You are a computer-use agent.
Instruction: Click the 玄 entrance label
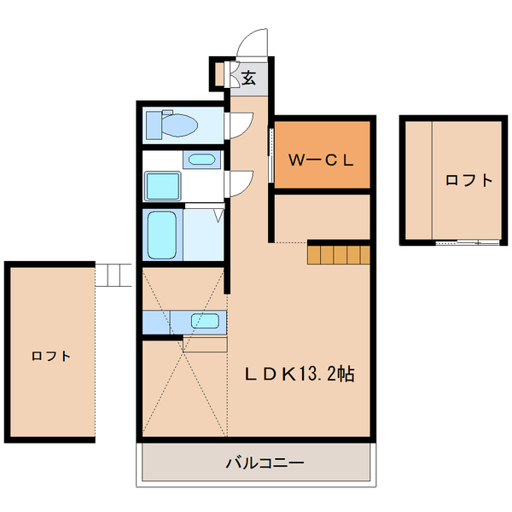pos(249,78)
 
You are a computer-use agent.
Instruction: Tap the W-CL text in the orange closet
pos(320,159)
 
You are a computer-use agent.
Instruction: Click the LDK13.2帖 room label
pos(300,373)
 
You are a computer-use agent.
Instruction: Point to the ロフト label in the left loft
pos(50,356)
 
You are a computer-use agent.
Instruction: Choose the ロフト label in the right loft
pos(468,180)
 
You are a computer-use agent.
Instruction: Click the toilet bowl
pos(181,126)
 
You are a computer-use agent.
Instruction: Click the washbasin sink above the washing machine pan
pos(202,160)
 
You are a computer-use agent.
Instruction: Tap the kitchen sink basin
pos(206,321)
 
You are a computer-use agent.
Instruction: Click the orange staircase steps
pos(340,255)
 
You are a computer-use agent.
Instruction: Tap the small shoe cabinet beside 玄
pos(220,75)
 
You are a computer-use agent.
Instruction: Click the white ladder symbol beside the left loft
pos(113,275)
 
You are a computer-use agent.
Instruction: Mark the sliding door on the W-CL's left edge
pos(271,154)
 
